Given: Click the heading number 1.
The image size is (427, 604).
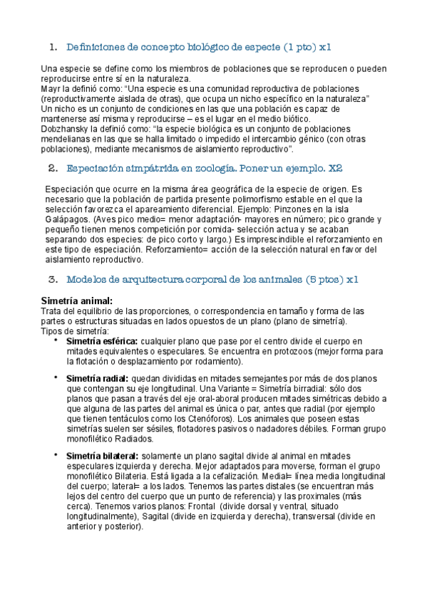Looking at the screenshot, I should (52, 48).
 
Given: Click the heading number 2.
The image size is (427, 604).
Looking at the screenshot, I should (52, 169).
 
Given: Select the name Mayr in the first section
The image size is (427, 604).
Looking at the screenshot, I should (51, 88).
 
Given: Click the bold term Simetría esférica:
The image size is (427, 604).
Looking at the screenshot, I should (101, 341).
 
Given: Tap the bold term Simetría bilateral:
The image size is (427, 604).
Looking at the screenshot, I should (103, 455).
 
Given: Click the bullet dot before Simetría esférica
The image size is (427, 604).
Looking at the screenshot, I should (55, 340).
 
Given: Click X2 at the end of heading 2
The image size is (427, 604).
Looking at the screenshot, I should (335, 169).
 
